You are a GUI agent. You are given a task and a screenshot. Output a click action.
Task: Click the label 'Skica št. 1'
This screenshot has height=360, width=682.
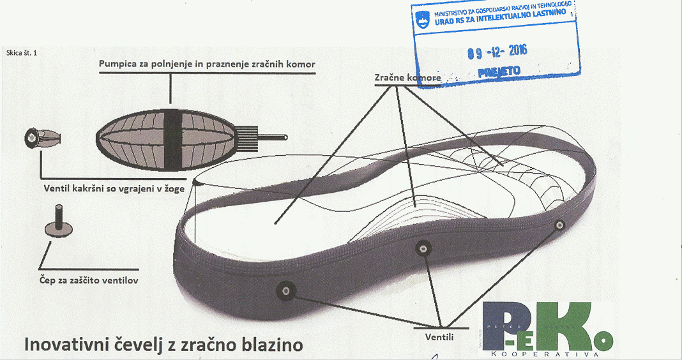[x=21, y=53]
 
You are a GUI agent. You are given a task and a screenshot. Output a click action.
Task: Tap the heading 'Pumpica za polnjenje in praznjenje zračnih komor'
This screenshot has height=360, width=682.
[x=207, y=64]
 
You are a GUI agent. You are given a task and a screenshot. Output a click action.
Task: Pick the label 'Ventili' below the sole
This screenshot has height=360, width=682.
[x=437, y=336]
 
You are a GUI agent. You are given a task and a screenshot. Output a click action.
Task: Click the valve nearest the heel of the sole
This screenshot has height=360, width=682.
[x=285, y=291]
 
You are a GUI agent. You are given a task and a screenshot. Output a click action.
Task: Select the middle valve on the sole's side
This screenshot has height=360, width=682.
[x=422, y=248]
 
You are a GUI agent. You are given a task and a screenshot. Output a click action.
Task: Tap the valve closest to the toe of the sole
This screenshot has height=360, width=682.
[x=560, y=224]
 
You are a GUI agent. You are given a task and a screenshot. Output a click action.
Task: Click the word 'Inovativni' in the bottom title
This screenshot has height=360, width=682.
[x=63, y=345]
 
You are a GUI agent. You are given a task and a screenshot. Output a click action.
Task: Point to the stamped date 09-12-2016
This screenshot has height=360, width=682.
[x=497, y=52]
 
